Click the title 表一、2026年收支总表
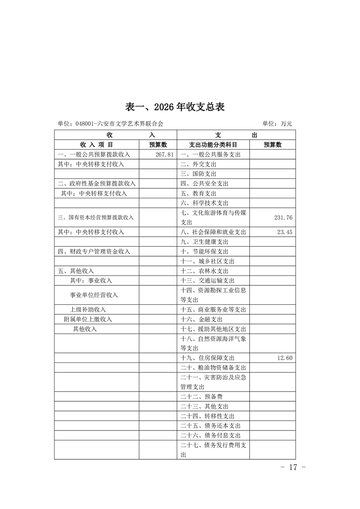[x=175, y=107]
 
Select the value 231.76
[x=283, y=218]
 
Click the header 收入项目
[x=96, y=145]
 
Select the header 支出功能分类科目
[x=213, y=145]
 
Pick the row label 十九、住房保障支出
[x=207, y=358]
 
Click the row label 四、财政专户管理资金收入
[x=94, y=251]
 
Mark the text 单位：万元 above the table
[x=277, y=123]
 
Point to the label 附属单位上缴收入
[x=88, y=319]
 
